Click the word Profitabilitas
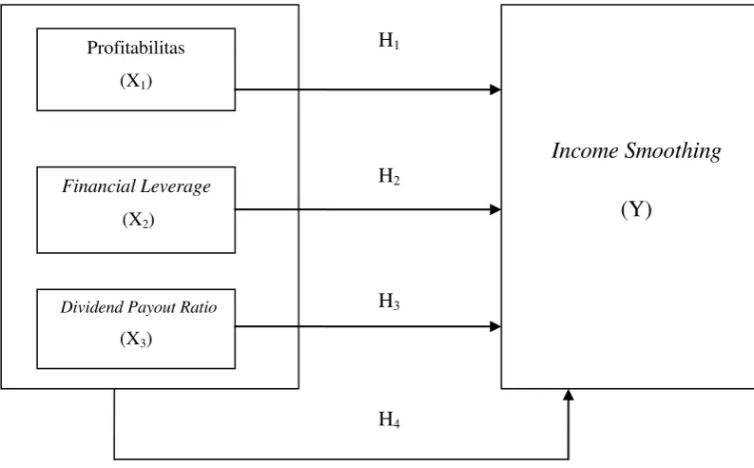(136, 48)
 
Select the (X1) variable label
(136, 81)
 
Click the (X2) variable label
(139, 220)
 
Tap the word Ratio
(199, 307)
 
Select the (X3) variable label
(136, 339)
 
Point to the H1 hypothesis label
(389, 40)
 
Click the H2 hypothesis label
(389, 176)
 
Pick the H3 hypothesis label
(389, 302)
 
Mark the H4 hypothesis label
(389, 419)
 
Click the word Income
(585, 150)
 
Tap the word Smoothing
(673, 151)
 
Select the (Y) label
(636, 209)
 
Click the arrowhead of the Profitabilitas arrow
(495, 89)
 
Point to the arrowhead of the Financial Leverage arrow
(495, 209)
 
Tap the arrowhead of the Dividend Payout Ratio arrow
(495, 326)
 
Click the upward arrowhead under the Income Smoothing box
(569, 395)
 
